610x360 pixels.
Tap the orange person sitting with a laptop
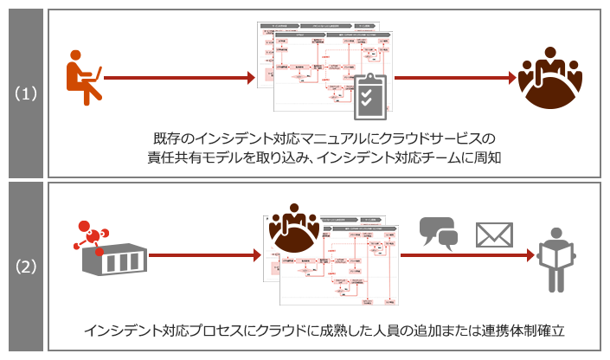tap(83, 79)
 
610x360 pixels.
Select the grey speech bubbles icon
tap(439, 233)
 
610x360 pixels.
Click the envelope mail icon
tap(494, 235)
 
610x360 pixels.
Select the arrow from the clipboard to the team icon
tap(454, 78)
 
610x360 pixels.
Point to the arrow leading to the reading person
tap(467, 255)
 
